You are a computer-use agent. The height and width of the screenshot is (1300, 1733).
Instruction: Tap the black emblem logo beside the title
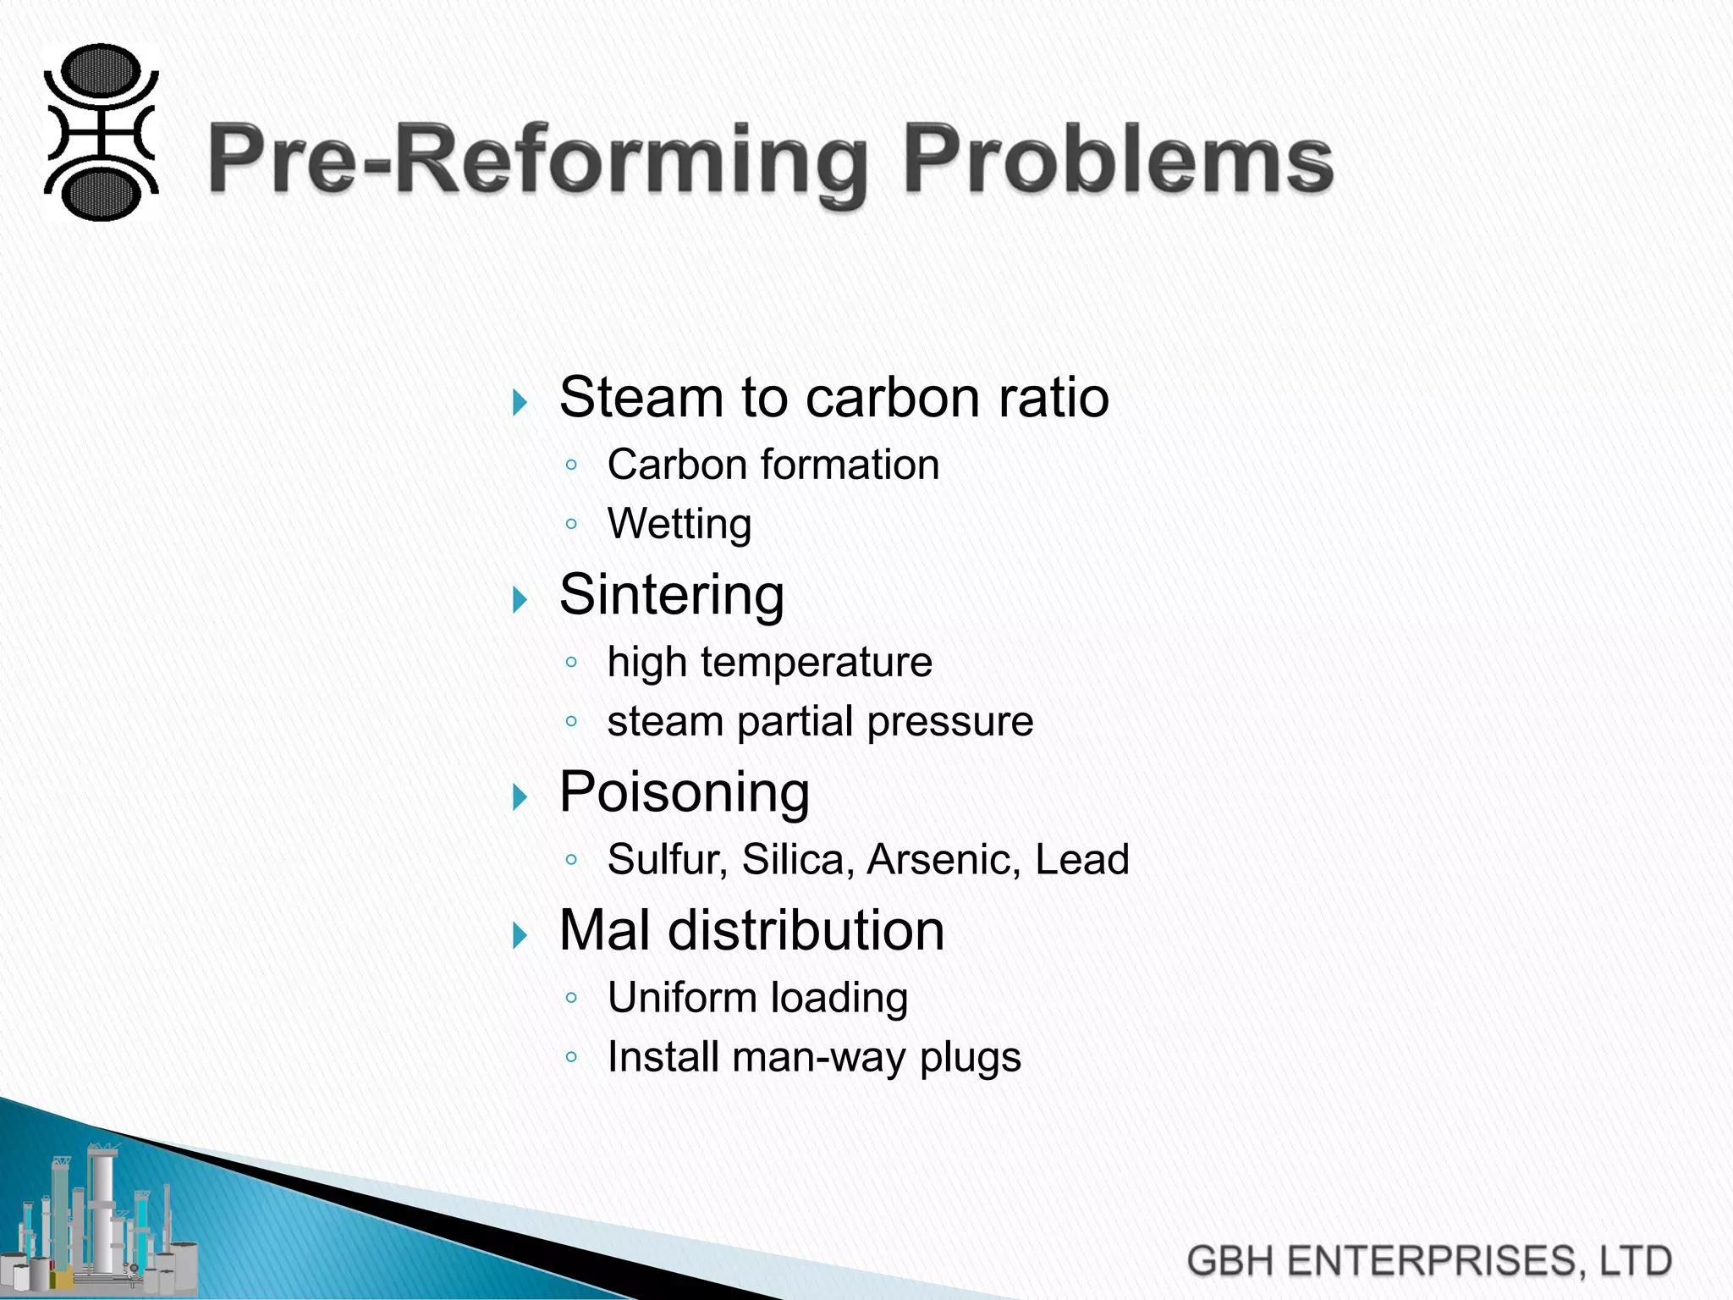101,133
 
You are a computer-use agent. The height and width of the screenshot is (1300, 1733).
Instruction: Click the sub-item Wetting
679,524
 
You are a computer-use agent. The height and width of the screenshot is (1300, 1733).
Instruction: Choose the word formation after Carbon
850,465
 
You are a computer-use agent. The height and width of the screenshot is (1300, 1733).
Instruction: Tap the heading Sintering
672,594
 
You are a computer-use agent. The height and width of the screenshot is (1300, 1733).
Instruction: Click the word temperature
816,662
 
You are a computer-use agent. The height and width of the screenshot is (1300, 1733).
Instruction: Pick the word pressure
949,722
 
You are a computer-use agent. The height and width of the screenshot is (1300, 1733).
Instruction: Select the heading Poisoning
685,792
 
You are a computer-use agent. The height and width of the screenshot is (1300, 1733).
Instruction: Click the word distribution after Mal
806,931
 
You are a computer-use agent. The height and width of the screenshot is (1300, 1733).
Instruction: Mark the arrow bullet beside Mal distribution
520,935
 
